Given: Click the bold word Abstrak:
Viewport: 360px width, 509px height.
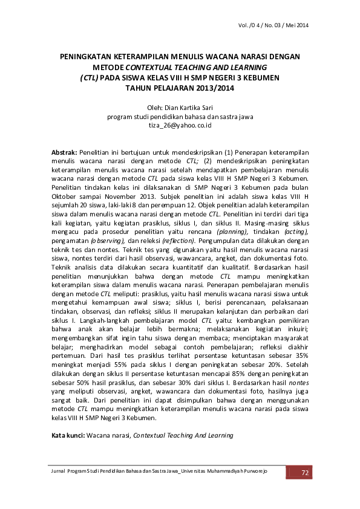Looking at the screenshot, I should tap(64, 154).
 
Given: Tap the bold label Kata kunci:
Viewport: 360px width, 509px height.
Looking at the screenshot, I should tap(68, 435).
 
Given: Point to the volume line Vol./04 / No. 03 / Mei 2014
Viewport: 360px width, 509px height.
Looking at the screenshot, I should tap(274, 25).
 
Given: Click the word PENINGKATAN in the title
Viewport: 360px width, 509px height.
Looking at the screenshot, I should tap(88, 56).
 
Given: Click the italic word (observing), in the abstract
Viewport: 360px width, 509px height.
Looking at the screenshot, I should tap(108, 241).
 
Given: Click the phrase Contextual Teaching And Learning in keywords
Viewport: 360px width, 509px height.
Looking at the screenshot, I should tap(183, 435).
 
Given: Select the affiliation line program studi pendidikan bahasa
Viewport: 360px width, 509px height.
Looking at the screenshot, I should tap(180, 117).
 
